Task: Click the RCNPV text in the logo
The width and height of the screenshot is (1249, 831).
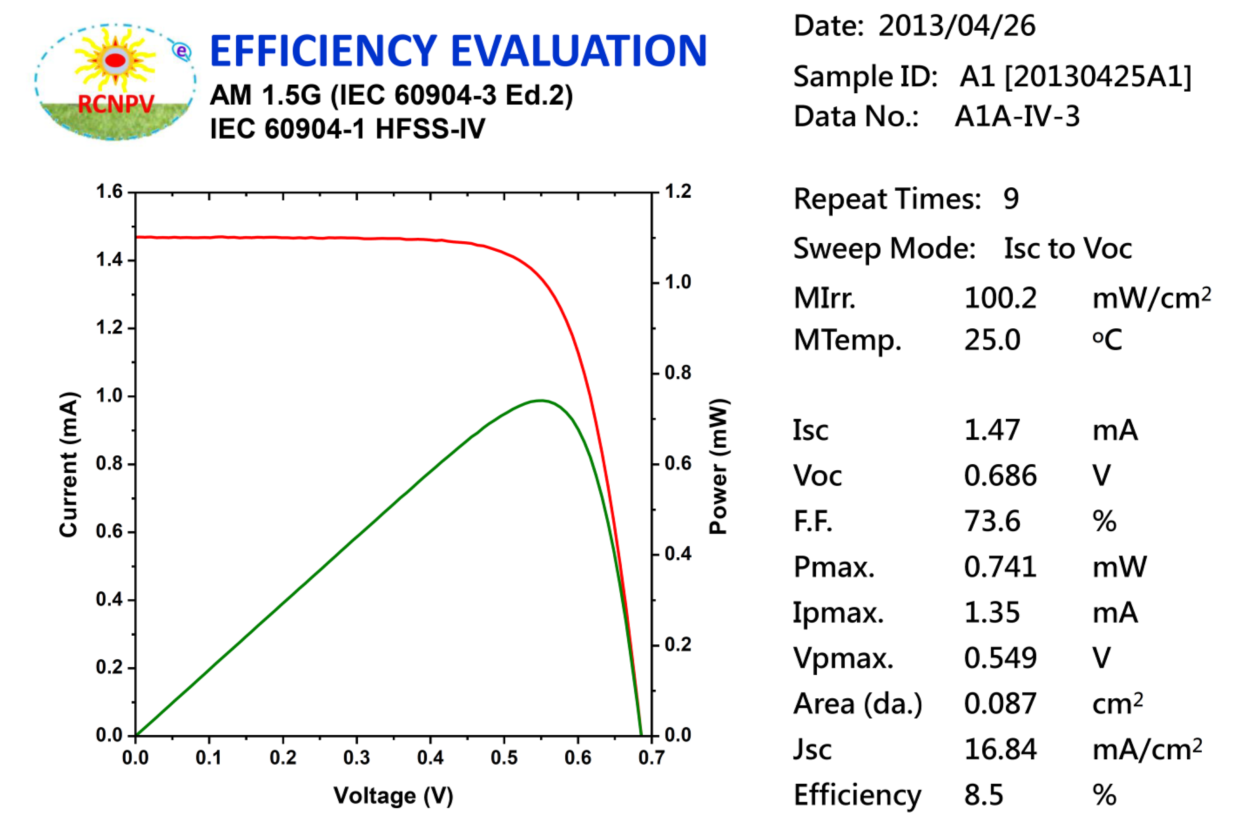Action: (116, 104)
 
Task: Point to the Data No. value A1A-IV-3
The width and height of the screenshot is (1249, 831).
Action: (1016, 117)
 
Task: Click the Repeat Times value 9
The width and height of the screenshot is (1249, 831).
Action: (1011, 199)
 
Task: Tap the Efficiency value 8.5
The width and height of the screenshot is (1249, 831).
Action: (983, 795)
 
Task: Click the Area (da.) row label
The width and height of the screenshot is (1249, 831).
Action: (857, 704)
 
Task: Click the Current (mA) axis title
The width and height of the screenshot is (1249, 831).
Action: (69, 465)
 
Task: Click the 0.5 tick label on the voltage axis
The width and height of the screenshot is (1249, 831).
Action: (504, 758)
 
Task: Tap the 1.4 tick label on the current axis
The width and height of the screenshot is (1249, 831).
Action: (109, 260)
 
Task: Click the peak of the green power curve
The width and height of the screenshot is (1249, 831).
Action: (541, 400)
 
